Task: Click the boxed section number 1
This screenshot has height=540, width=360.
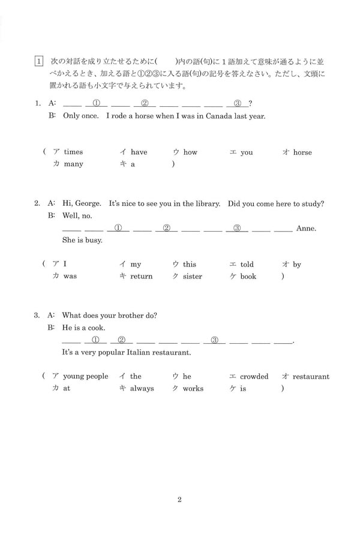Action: (39, 61)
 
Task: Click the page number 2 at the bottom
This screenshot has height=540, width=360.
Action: (179, 500)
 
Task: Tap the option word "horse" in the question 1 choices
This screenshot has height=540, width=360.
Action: (302, 152)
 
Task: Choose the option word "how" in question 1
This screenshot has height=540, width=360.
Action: (190, 152)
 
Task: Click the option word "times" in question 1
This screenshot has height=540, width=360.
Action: (73, 152)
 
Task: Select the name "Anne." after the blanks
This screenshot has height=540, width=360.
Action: (306, 229)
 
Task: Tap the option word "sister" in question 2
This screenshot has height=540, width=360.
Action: (193, 277)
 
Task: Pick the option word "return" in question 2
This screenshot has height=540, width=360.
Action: (142, 277)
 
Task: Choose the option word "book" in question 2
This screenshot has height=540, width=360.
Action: (248, 277)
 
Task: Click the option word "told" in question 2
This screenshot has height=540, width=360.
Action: (247, 265)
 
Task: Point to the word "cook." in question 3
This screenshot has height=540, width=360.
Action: (95, 328)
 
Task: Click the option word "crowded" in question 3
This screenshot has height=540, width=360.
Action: (254, 377)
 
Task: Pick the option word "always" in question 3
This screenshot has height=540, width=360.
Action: (142, 389)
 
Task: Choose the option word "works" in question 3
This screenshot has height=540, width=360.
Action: (193, 389)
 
